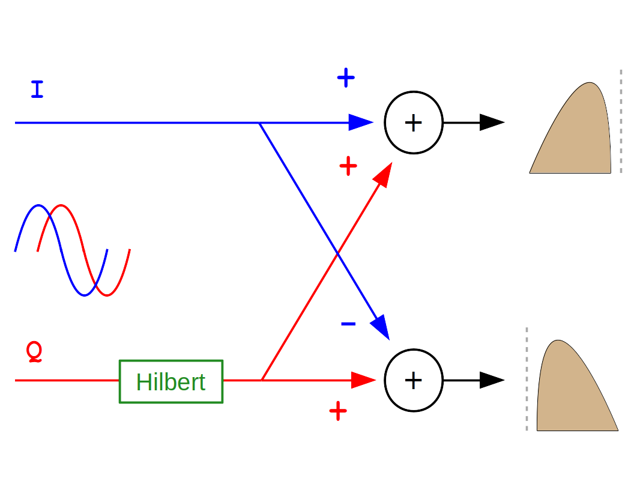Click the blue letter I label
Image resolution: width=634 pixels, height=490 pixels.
37,89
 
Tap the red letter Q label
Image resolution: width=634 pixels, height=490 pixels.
35,351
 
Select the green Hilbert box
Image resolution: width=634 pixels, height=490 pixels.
171,381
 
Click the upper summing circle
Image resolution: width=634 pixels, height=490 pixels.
413,122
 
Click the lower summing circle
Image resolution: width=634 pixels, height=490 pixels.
413,380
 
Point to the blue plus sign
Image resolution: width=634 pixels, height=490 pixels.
346,77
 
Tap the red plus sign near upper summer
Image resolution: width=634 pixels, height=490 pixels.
348,166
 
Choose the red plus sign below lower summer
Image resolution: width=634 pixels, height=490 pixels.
338,411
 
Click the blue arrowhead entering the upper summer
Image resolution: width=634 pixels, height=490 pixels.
361,122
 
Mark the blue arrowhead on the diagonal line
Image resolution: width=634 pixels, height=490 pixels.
381,327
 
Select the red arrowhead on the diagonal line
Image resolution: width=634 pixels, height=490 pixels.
384,174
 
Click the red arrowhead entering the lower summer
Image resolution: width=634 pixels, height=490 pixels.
363,380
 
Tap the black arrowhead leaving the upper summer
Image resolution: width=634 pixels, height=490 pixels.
492,122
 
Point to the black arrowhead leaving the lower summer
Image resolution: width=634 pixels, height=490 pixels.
492,380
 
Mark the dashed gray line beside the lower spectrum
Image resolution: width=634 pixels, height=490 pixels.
527,379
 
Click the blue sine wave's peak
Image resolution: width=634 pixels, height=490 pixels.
38,206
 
